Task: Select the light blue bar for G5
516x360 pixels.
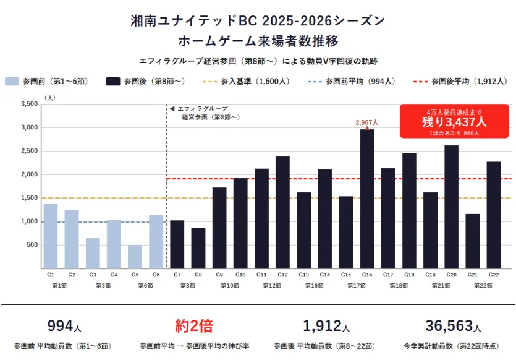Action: (135, 257)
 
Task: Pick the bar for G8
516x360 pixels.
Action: (198, 248)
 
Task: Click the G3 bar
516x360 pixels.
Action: (93, 253)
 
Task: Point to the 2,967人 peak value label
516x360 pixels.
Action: (366, 122)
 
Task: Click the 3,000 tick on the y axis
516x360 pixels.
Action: (28, 127)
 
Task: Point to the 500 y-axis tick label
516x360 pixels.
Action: (31, 245)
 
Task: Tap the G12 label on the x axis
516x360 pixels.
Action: (282, 275)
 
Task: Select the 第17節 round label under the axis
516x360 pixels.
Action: (356, 286)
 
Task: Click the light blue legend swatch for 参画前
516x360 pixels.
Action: (12, 81)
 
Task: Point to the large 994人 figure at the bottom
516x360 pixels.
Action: (64, 326)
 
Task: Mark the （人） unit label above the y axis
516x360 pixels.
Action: (50, 98)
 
